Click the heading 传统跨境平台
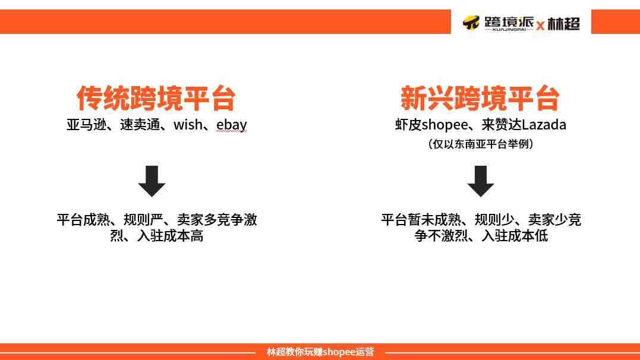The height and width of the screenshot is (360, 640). [156, 99]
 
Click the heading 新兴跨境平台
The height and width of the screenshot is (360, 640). [480, 99]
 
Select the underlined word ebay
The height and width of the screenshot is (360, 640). [231, 125]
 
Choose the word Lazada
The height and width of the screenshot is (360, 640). [544, 125]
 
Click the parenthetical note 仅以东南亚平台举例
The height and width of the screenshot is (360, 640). [481, 144]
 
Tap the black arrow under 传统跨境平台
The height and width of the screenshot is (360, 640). [152, 181]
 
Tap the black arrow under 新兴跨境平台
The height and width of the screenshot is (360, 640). [480, 181]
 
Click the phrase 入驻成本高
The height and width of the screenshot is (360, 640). [170, 235]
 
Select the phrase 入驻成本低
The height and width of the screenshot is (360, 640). [515, 235]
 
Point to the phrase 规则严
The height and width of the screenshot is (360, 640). [143, 220]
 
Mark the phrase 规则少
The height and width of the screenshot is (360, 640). [494, 220]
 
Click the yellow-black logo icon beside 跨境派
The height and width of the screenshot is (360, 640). [471, 23]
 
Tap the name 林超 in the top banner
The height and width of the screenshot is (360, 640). [564, 23]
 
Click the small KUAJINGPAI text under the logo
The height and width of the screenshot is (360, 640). [509, 29]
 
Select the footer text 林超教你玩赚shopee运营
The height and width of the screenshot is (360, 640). [320, 352]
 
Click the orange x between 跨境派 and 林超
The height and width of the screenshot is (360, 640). [540, 26]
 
